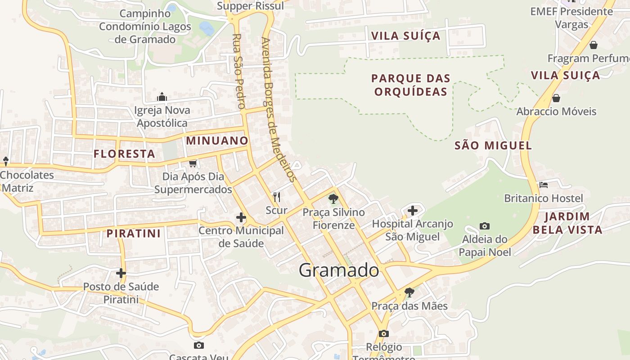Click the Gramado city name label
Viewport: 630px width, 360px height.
tap(339, 270)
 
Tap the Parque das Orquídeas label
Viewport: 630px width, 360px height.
tap(410, 85)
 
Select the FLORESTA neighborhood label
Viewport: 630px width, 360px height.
tap(124, 154)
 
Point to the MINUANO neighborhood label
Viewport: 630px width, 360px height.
tap(217, 140)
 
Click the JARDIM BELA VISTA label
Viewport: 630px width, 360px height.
tap(567, 223)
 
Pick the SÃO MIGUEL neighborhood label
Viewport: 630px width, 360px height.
tap(493, 145)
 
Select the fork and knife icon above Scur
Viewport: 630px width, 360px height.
tap(277, 197)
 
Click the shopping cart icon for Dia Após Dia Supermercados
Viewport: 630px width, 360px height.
tap(193, 163)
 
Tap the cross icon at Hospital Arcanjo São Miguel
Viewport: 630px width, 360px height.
tap(413, 210)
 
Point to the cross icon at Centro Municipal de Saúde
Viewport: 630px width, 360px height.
tap(241, 218)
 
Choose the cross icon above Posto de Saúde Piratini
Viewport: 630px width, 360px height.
tap(121, 273)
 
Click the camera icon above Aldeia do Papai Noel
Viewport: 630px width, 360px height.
tap(485, 226)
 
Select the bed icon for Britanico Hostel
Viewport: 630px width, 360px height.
tap(544, 185)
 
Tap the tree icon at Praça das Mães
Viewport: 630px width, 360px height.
tap(409, 292)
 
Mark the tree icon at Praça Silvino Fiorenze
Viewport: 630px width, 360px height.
tap(333, 198)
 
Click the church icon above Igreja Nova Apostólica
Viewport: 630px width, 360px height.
tap(162, 97)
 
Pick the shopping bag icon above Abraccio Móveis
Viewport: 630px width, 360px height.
tap(556, 98)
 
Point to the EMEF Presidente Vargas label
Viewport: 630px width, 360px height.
tap(571, 18)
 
